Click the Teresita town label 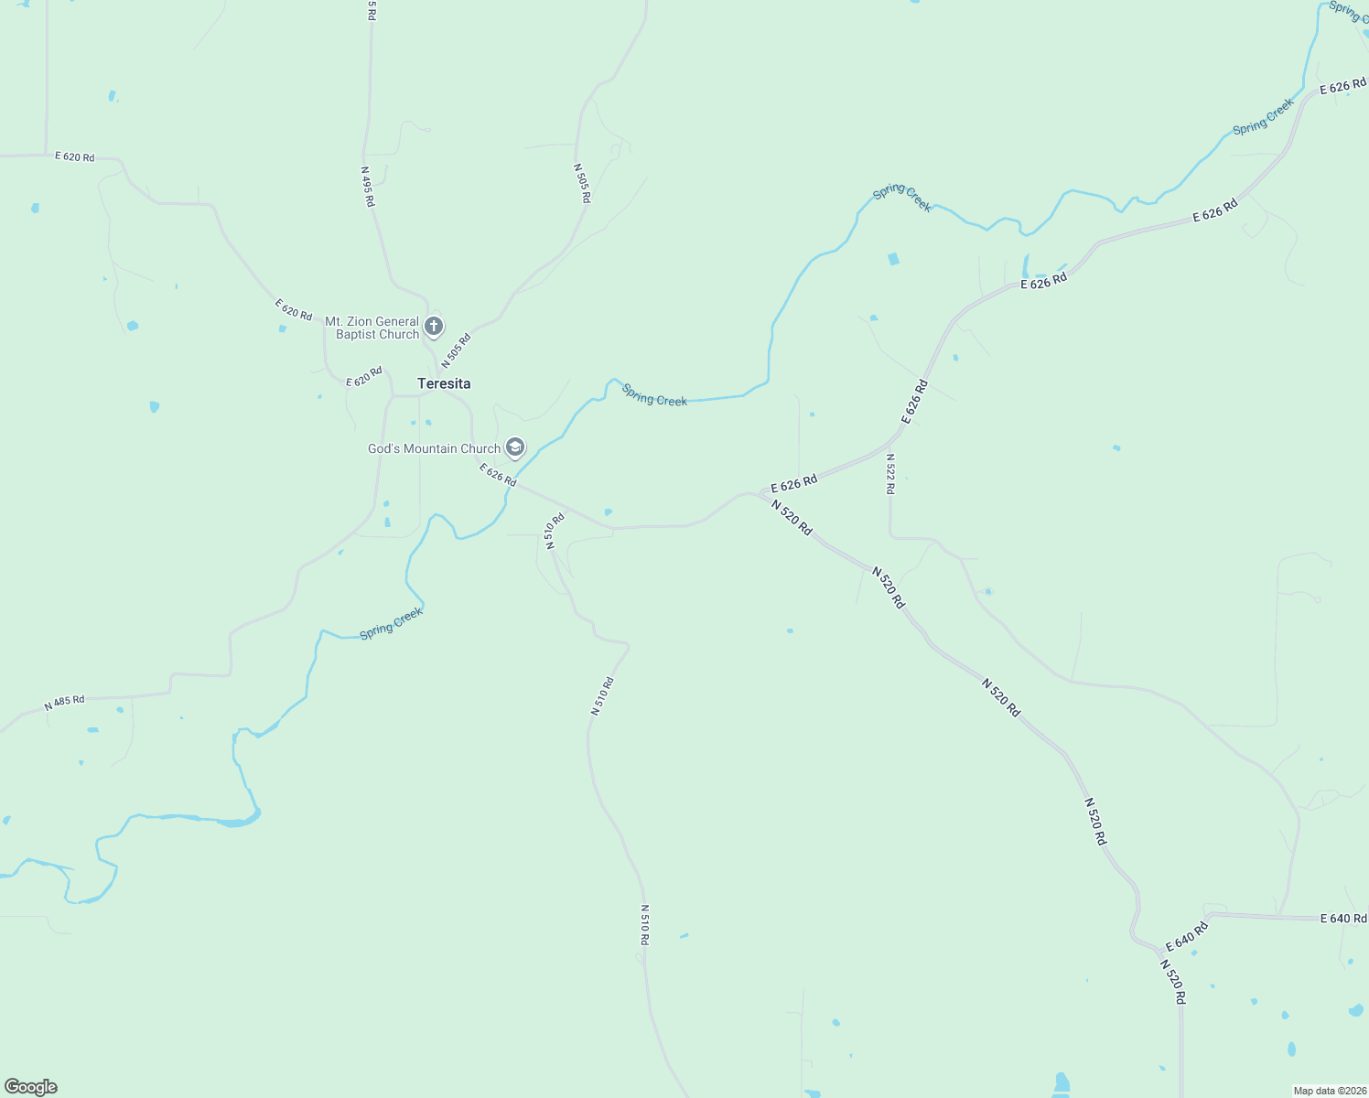(444, 383)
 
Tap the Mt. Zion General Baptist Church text (372, 328)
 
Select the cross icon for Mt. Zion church (434, 326)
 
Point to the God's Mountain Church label (434, 448)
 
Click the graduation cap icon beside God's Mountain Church (515, 447)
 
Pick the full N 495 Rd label (368, 186)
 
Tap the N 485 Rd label (64, 703)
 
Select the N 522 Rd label (890, 474)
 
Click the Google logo (30, 1087)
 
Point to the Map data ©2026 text (1329, 1091)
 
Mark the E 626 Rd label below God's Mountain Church (498, 475)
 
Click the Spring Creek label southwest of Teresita (391, 623)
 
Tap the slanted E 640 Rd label (1187, 936)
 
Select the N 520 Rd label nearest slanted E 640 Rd (1173, 982)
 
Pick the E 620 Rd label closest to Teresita (364, 376)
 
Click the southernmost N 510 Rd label (644, 925)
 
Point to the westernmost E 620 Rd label (75, 156)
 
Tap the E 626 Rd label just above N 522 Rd (915, 401)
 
